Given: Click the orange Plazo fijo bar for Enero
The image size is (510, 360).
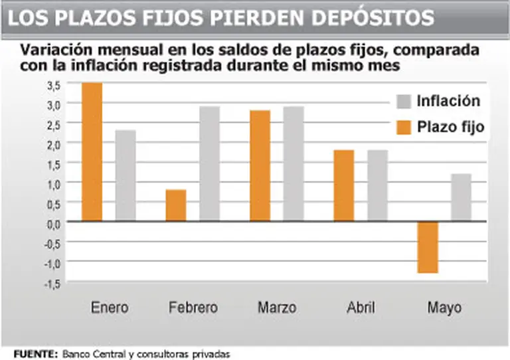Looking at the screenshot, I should [x=92, y=152].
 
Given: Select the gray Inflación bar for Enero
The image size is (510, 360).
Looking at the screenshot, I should [x=126, y=175].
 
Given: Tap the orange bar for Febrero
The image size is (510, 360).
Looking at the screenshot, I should [x=176, y=205].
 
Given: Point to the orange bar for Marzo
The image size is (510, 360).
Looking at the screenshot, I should [x=261, y=165].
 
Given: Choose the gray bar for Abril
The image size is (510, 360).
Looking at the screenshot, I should [x=378, y=185].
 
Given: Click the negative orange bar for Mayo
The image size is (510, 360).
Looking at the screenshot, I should [x=428, y=247].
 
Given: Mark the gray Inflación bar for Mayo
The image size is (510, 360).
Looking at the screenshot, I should [x=461, y=197].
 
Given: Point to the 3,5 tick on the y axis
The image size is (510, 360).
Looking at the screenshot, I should [x=54, y=85].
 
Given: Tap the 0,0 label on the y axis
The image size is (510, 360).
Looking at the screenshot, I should [x=54, y=223].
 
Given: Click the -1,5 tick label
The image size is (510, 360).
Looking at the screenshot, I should [x=52, y=283].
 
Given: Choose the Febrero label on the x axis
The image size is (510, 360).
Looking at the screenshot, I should [x=193, y=308].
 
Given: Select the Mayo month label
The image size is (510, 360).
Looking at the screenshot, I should [x=444, y=308].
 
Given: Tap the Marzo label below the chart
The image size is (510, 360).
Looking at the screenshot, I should [x=278, y=308].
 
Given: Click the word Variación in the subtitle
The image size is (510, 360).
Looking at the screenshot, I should [x=52, y=50].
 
